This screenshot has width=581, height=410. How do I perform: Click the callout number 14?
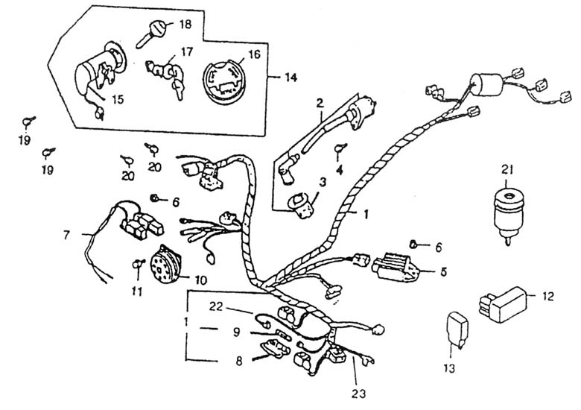290,78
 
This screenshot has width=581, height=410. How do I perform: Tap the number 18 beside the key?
185,25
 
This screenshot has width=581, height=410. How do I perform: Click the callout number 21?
507,170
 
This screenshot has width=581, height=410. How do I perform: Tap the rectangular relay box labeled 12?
503,304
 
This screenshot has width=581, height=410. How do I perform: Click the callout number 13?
448,368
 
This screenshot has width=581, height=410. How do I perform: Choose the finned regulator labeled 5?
396,266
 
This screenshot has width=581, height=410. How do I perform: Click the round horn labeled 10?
165,264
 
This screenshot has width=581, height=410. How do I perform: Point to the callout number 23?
358,394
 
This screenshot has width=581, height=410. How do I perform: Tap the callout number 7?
67,235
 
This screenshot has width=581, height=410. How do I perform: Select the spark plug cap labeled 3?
301,206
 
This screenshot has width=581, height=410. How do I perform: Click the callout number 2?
320,103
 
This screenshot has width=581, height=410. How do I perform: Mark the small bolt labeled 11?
138,264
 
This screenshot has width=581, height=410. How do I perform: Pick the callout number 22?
216,306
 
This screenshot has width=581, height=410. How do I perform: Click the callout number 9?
237,332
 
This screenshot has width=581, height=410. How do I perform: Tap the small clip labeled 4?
340,147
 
